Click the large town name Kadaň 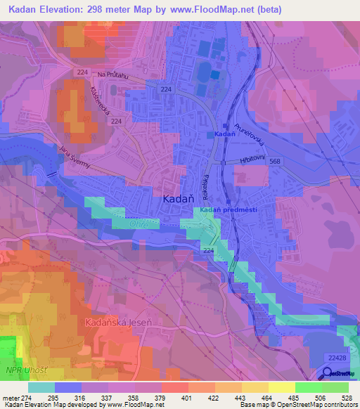(178, 199)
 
